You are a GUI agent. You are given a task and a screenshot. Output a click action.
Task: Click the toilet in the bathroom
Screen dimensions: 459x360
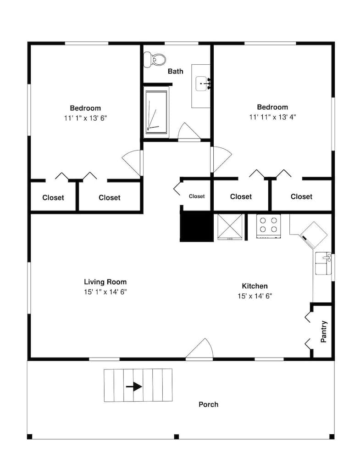[155, 59]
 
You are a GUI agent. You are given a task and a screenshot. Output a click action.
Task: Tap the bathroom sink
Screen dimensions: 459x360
[203, 84]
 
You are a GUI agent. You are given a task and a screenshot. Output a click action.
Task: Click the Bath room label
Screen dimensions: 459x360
[175, 71]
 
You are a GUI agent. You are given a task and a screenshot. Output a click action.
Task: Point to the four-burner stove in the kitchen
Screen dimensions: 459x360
[268, 225]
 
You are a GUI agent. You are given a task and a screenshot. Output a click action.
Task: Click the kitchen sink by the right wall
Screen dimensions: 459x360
[323, 263]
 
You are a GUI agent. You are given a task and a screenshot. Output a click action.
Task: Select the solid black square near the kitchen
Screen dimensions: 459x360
[196, 226]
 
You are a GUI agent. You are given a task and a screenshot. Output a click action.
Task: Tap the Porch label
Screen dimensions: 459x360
[208, 404]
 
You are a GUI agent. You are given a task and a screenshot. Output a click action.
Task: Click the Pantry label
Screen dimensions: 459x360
[324, 331]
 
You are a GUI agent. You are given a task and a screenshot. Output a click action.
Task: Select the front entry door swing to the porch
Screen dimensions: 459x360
[200, 350]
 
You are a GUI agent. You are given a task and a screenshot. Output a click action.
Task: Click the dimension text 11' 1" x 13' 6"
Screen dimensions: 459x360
[86, 118]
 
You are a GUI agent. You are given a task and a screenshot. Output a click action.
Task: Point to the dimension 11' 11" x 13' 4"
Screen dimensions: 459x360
[272, 117]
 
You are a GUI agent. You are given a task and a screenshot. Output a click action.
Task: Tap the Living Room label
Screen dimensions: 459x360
[105, 282]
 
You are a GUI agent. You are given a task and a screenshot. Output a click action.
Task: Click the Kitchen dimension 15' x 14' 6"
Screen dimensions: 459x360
[255, 296]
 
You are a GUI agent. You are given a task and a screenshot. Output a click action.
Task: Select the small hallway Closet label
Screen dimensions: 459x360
[197, 196]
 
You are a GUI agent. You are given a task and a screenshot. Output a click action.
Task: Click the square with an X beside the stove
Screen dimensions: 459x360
[229, 226]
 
